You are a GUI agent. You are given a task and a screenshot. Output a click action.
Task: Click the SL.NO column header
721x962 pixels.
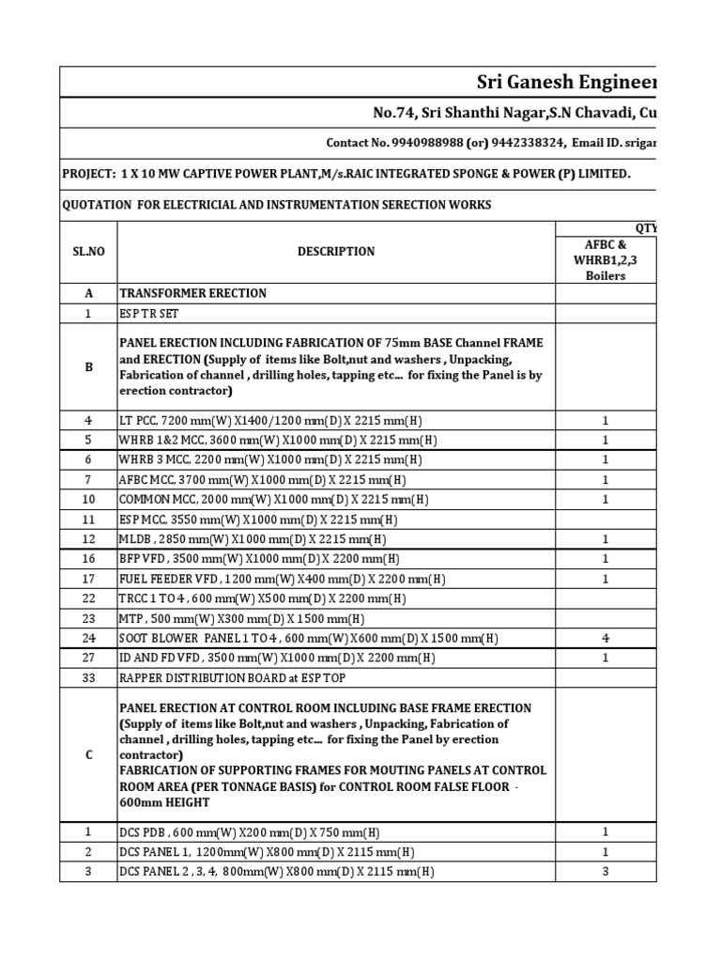pos(88,252)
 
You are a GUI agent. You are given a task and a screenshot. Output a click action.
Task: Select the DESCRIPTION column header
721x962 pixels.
pos(336,252)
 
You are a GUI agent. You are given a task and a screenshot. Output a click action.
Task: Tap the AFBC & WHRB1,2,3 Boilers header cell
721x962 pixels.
pos(606,260)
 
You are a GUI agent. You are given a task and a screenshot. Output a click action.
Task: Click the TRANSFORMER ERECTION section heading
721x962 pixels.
pos(192,293)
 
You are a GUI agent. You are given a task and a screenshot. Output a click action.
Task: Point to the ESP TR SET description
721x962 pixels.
pos(147,314)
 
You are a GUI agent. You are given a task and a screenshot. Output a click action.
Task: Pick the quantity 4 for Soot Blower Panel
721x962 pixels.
pos(606,639)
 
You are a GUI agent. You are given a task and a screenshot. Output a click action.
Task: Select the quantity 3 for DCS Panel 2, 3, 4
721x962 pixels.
pos(606,872)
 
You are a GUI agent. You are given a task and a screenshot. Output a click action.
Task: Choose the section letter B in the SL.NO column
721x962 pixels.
pos(88,367)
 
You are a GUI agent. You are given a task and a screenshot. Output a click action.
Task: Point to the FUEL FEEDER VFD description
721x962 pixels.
pos(282,579)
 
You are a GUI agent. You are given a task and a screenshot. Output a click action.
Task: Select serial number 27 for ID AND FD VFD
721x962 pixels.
pos(88,659)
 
